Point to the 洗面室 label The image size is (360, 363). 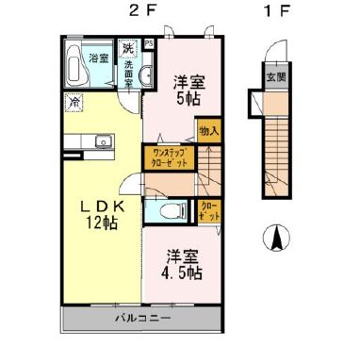pos(128,73)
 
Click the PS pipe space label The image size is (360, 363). pos(148,42)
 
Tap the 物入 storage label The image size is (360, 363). pos(208,131)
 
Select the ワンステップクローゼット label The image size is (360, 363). pos(169,157)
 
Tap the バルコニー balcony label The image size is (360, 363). pos(142,318)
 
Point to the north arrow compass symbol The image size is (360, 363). pos(278,239)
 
